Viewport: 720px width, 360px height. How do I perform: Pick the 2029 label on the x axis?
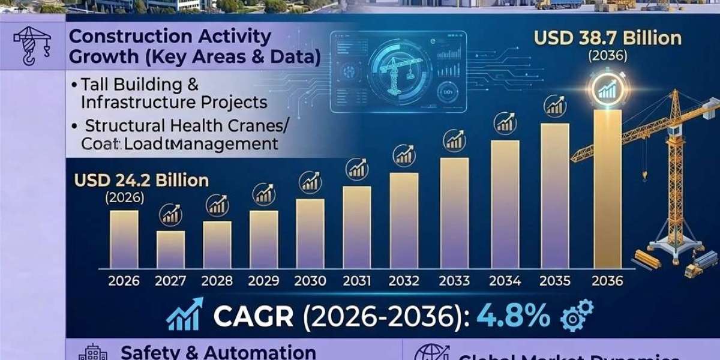263,280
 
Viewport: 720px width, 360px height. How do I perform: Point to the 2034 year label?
505,280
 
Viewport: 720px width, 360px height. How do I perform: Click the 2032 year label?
404,280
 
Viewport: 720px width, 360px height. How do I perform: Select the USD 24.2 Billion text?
141,179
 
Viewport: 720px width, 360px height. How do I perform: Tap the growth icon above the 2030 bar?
310,180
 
